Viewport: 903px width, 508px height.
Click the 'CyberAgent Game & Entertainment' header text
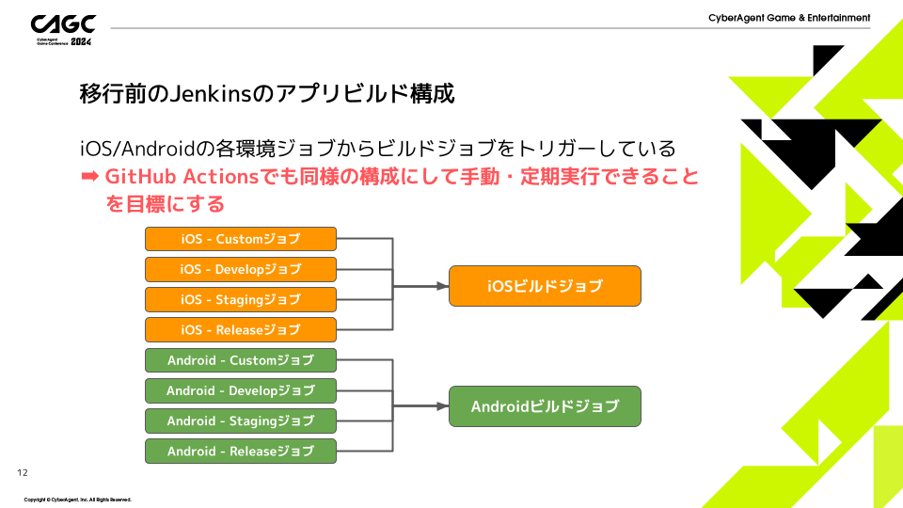coord(789,18)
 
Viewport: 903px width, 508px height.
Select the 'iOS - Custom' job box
coord(241,239)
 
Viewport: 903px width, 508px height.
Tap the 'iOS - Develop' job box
coord(241,269)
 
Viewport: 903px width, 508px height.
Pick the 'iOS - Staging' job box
coord(241,299)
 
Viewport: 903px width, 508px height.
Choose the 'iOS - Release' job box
coord(241,329)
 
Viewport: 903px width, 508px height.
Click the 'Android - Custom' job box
coord(241,360)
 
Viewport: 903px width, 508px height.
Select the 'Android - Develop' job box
coord(241,390)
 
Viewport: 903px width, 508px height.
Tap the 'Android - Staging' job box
coord(241,421)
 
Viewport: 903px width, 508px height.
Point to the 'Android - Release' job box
coord(241,451)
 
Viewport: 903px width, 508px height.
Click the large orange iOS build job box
coord(545,286)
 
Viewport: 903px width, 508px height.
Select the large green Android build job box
coord(545,406)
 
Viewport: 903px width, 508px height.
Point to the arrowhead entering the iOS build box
coord(443,286)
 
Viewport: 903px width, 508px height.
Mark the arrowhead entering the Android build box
coord(443,406)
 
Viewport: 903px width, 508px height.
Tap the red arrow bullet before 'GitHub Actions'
coord(89,176)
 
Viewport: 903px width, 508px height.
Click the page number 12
coord(24,471)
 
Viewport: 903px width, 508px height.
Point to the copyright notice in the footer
coord(77,499)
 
